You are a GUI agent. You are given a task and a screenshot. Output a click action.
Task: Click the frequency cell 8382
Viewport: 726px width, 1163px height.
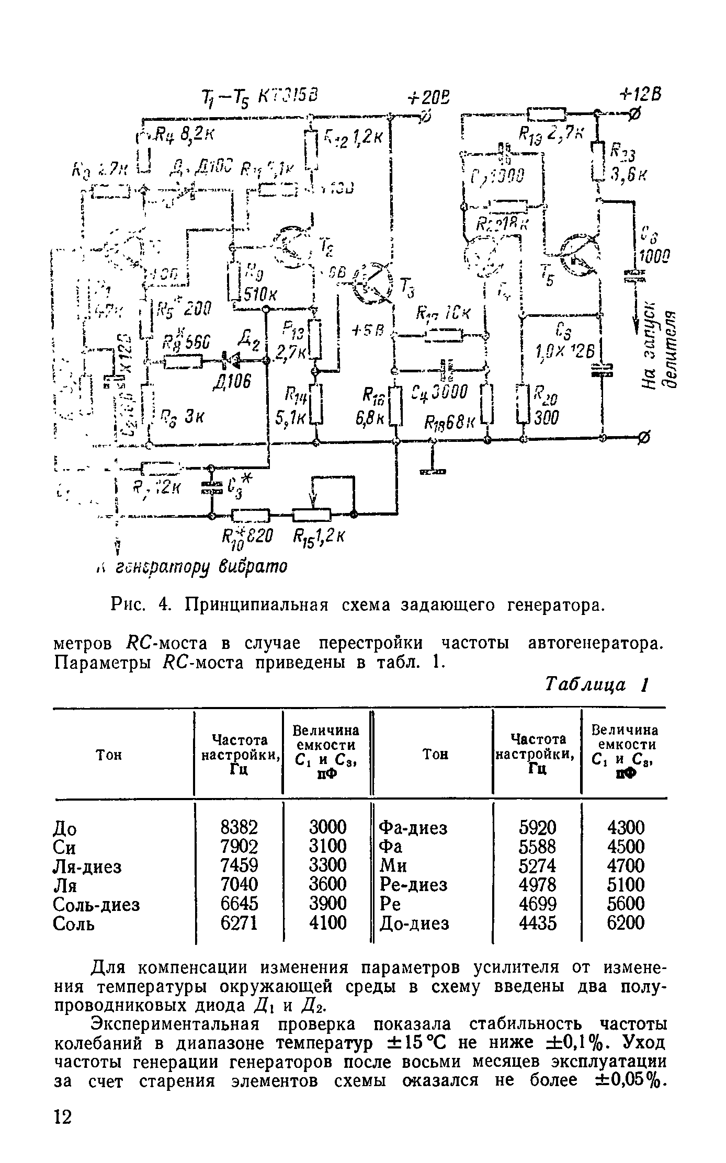(239, 827)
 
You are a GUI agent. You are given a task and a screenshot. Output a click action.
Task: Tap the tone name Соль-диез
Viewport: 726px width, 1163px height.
(97, 904)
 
